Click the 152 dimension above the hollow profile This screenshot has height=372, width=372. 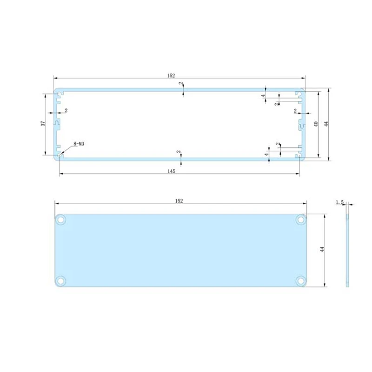click(x=179, y=76)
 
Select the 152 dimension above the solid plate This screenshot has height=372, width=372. click(x=179, y=201)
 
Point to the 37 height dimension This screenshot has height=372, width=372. click(x=43, y=123)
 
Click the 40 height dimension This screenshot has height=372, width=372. click(x=316, y=124)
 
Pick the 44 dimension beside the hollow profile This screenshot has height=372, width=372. click(x=326, y=124)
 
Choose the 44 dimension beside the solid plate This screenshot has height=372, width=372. click(x=321, y=250)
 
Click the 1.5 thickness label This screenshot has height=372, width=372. click(x=339, y=202)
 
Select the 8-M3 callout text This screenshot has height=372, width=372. click(x=78, y=144)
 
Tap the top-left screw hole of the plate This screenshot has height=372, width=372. click(x=60, y=219)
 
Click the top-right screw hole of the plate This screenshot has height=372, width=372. click(x=301, y=219)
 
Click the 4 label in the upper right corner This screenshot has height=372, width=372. click(x=263, y=96)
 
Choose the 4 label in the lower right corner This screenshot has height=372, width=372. click(x=267, y=153)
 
